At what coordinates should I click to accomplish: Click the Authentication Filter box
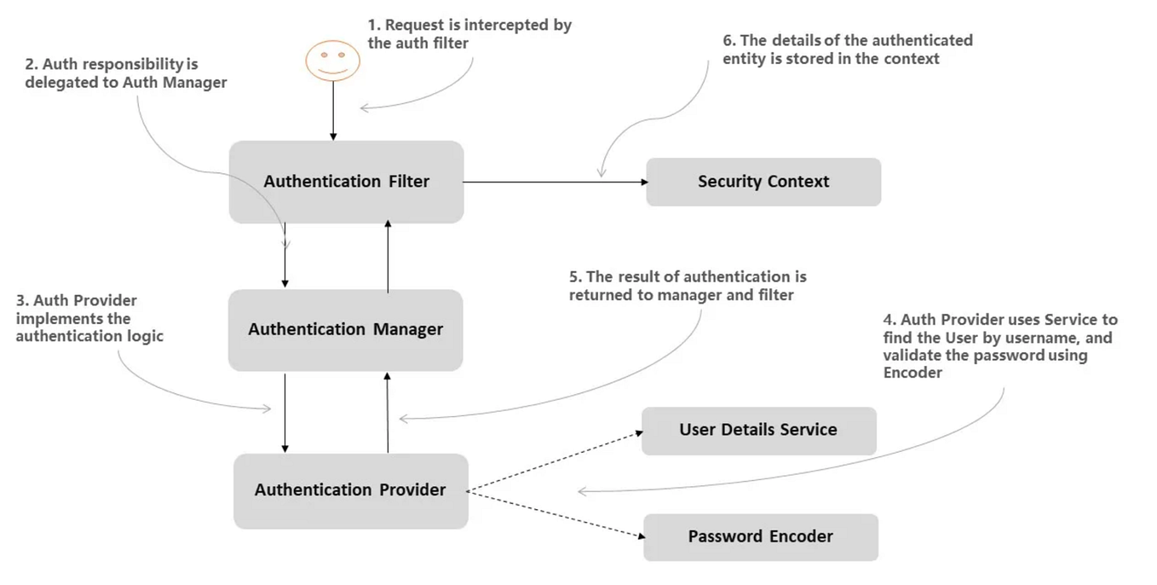coord(346,182)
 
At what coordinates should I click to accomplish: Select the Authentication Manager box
coord(345,329)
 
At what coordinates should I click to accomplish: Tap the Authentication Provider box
coord(350,490)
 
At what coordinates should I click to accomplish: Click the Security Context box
coord(763,182)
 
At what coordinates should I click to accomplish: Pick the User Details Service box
coord(757,430)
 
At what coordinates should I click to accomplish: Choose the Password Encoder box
coord(760,536)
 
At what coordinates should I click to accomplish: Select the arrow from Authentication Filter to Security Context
coord(554,182)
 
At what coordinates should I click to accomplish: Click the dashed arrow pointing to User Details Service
coord(554,461)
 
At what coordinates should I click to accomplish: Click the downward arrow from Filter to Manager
coord(285,256)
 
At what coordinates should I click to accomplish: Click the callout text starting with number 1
coord(469,34)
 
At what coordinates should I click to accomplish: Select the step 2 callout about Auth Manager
coord(126,73)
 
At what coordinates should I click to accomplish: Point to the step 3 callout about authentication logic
coord(89,318)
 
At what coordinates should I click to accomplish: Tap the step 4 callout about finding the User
coord(999,346)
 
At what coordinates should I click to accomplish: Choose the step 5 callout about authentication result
coord(687,286)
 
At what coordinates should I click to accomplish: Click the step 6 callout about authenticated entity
coord(847,49)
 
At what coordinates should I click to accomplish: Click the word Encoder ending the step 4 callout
coord(912,373)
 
